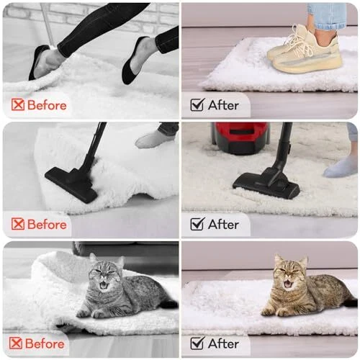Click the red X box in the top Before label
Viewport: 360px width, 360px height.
(18, 104)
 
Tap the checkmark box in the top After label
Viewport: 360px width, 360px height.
(197, 104)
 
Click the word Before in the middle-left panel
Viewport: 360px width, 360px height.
(47, 225)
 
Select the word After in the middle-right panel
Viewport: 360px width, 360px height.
(223, 225)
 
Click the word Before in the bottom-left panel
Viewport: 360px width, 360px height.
(45, 343)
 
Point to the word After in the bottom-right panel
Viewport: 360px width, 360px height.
(223, 343)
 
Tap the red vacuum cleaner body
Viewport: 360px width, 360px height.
(240, 138)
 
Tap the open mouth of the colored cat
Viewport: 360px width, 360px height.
(287, 284)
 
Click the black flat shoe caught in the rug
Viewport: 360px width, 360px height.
(40, 62)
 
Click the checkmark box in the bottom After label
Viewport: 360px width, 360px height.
(197, 343)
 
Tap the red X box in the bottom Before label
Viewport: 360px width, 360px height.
(16, 343)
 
